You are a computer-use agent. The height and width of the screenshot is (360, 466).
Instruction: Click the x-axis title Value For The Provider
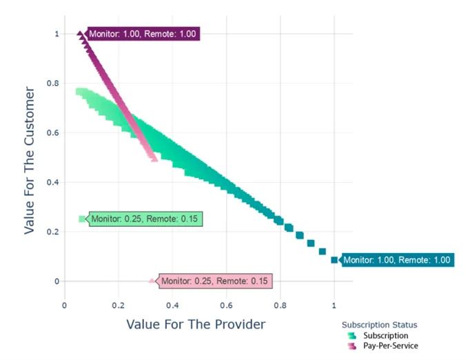click(x=196, y=323)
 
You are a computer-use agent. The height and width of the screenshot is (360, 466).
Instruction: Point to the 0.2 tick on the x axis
click(x=118, y=304)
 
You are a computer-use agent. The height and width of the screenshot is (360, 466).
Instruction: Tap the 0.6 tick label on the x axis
click(x=226, y=304)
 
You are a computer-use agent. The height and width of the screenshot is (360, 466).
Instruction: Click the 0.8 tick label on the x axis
click(x=280, y=304)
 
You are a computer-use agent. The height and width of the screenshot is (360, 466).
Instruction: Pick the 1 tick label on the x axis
click(x=334, y=304)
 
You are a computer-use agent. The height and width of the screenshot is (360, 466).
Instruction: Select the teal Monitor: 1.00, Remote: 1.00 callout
click(x=397, y=260)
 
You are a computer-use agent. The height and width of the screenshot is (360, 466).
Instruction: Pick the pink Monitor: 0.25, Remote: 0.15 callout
click(x=216, y=281)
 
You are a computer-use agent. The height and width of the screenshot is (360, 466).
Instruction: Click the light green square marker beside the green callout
click(x=82, y=219)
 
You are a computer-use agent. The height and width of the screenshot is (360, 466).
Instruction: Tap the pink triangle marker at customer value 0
click(x=152, y=281)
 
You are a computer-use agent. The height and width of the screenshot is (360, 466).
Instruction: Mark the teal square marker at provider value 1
click(x=334, y=260)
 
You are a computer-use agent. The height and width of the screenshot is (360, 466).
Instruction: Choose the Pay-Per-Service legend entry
click(x=390, y=346)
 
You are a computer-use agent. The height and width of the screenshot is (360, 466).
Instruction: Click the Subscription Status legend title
click(x=379, y=325)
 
